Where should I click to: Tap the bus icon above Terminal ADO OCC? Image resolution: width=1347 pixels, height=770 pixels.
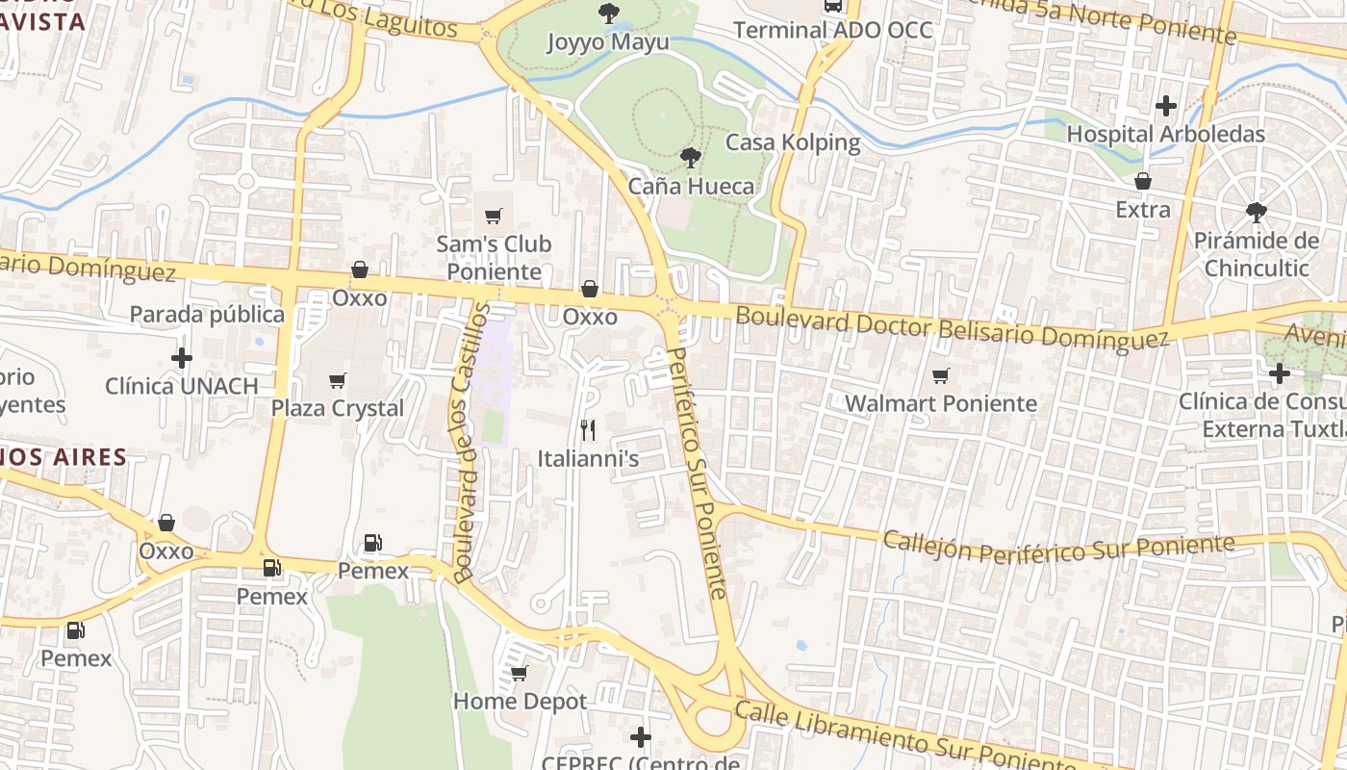click(x=833, y=6)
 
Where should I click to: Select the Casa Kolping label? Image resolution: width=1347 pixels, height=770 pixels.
click(x=793, y=142)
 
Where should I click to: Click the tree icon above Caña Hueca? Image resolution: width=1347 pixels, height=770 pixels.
click(x=690, y=157)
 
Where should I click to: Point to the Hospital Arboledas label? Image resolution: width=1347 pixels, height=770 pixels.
click(x=1166, y=134)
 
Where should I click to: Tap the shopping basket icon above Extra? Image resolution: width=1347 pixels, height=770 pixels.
click(x=1143, y=181)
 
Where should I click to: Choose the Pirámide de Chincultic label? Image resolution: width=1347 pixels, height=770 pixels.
click(x=1256, y=254)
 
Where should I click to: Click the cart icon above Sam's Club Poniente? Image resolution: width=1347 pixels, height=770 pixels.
click(x=494, y=216)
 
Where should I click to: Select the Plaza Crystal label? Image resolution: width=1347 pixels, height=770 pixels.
click(x=337, y=408)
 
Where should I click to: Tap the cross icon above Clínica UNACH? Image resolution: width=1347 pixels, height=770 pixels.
click(x=181, y=358)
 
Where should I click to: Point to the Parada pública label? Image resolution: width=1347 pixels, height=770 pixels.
click(x=207, y=315)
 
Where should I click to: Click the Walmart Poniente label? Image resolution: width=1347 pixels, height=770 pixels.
click(x=941, y=403)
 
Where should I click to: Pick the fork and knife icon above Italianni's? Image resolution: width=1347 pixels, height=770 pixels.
click(x=588, y=430)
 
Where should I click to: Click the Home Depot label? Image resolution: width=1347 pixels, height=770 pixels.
click(x=520, y=702)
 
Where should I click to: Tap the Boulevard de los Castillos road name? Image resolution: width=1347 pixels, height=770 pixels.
click(x=470, y=444)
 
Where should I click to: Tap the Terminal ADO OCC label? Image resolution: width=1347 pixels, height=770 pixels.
click(x=833, y=30)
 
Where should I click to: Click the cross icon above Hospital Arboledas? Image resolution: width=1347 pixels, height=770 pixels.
click(x=1166, y=106)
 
